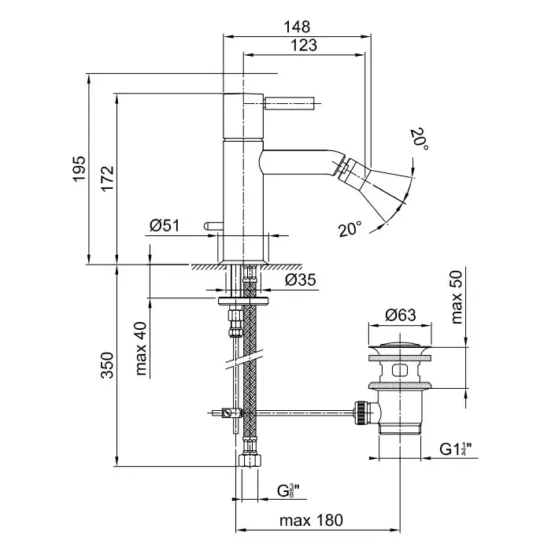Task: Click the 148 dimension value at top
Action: pyautogui.click(x=300, y=26)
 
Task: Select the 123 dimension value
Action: pyautogui.click(x=303, y=45)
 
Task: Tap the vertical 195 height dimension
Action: pyautogui.click(x=79, y=169)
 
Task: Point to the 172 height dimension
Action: pyautogui.click(x=108, y=179)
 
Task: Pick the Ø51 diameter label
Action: pyautogui.click(x=165, y=226)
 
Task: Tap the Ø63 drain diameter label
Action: pyautogui.click(x=401, y=316)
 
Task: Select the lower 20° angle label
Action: pyautogui.click(x=350, y=230)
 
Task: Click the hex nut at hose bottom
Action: pyautogui.click(x=248, y=460)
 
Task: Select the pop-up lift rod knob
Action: pyautogui.click(x=209, y=227)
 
